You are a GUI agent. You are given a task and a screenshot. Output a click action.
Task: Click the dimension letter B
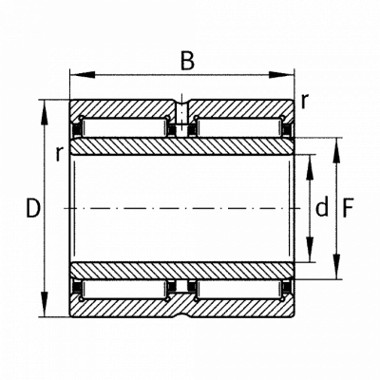pos(187,60)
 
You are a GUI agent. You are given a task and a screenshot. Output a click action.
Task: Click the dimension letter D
pos(33,208)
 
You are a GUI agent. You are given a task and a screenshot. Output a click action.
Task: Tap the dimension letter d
pos(322,207)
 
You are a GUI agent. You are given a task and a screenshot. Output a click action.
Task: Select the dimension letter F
pos(348,208)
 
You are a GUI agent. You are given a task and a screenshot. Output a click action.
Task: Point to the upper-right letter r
pos(304,102)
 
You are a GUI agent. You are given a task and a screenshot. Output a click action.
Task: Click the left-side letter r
pos(59,154)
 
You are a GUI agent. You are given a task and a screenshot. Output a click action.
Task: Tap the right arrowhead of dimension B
pos(281,75)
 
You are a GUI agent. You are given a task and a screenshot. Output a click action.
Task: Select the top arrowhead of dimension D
pos(45,113)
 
